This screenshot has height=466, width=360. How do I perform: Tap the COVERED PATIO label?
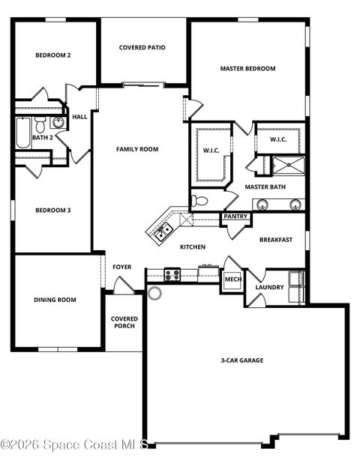point(142,48)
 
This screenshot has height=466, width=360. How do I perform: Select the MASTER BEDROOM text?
point(247,69)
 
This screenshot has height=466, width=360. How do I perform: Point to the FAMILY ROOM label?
point(137,149)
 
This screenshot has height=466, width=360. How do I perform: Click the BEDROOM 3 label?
point(52,211)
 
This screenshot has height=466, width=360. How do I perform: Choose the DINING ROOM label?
point(55,300)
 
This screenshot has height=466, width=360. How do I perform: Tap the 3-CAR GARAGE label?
point(241,360)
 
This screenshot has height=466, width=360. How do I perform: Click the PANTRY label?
point(235,217)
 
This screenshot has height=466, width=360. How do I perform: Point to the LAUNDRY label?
point(269,287)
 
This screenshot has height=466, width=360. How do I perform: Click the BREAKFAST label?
point(275,240)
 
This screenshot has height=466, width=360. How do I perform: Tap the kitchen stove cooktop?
point(172,275)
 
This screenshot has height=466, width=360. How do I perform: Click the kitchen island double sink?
point(160,234)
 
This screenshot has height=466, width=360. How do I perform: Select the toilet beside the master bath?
point(199,201)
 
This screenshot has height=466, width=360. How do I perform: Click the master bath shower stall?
point(287,166)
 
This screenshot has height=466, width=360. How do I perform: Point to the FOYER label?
point(122,267)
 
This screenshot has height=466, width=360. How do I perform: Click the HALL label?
point(79,117)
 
